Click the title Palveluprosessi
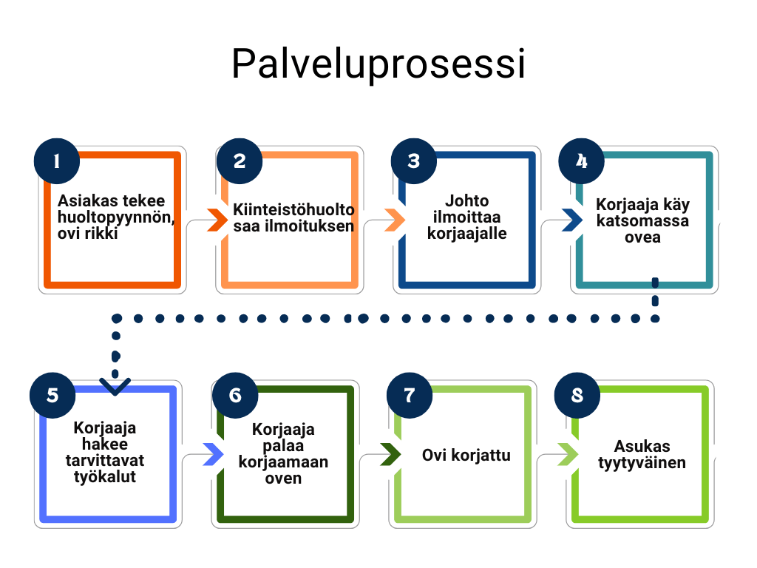tap(378, 64)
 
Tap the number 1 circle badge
tap(57, 160)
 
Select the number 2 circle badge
tap(238, 160)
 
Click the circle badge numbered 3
tap(413, 160)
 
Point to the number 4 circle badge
tap(581, 160)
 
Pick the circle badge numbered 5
tap(52, 394)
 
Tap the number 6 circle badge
tap(234, 394)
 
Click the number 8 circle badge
tap(577, 394)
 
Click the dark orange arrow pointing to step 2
tap(217, 220)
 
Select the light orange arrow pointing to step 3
tap(395, 220)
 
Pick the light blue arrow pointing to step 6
tap(213, 454)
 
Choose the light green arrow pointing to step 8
tap(567, 454)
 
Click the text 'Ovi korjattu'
tap(466, 454)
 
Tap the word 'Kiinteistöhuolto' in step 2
tap(294, 209)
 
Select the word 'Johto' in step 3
tap(466, 200)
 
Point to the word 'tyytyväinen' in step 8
tap(642, 463)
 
